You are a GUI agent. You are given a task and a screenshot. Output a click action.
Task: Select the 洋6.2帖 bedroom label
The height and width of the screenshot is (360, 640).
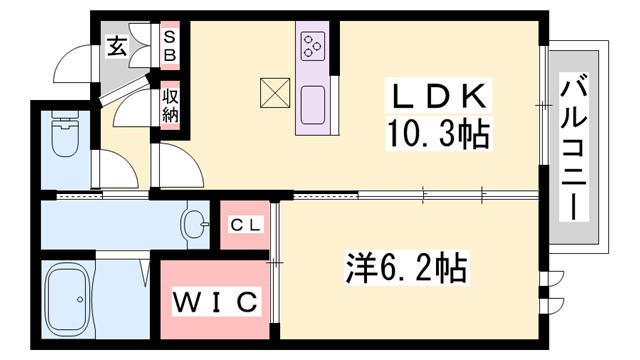point(407,267)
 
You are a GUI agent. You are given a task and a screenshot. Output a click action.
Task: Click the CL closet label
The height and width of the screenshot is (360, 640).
point(246,226)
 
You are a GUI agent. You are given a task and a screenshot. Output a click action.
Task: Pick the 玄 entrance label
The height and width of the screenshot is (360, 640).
point(117,46)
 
